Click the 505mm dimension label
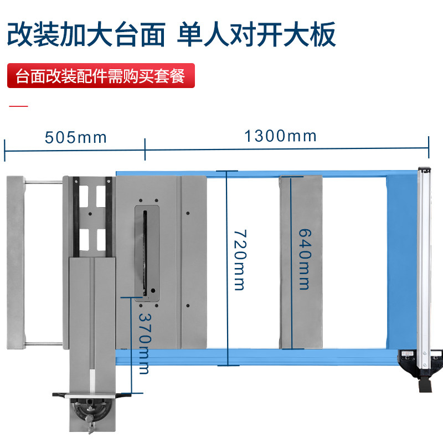76,137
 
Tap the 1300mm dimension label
280,136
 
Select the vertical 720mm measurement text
240,260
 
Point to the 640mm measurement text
305,259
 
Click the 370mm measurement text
145,343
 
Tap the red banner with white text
101,76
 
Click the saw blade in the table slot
145,253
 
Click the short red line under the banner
18,106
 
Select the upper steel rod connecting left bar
44,182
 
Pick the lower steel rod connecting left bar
44,344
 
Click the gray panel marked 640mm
301,262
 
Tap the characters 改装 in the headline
33,34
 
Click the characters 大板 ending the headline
310,34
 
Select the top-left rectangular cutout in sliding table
84,196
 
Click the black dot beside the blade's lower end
153,290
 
